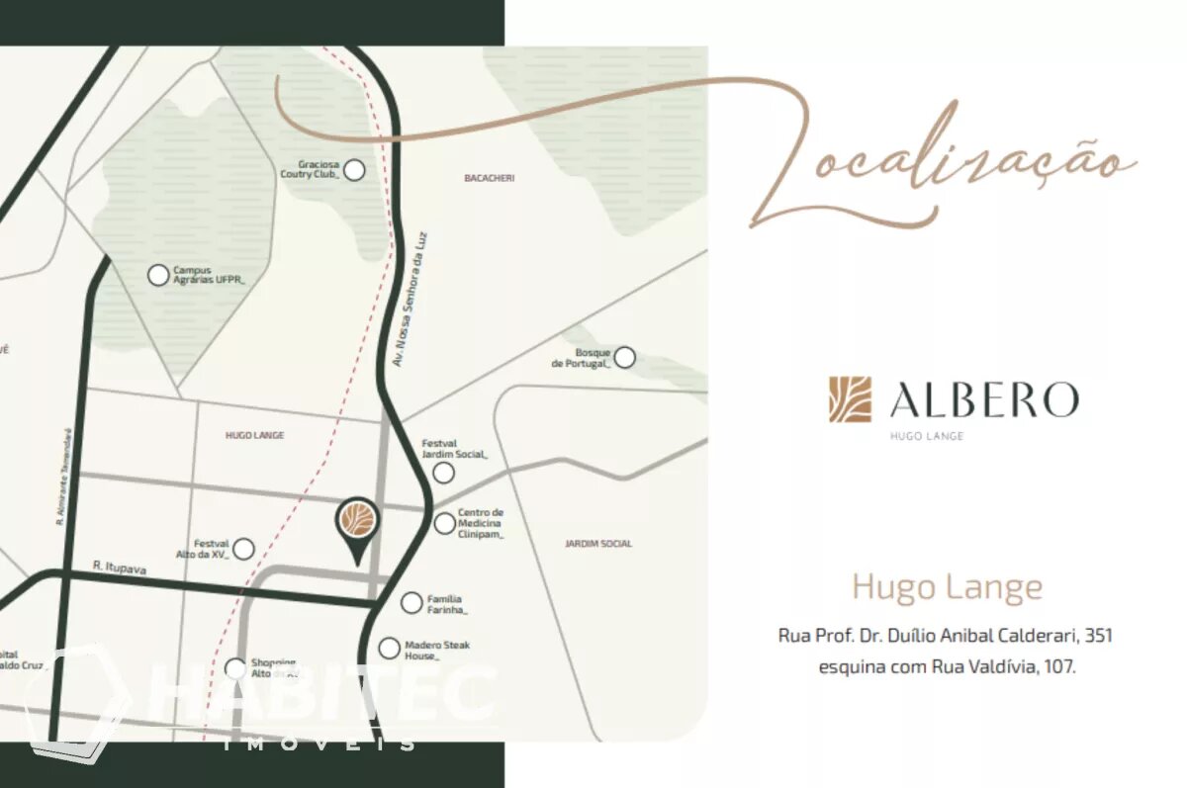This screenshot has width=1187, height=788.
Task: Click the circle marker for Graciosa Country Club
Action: click(x=354, y=170)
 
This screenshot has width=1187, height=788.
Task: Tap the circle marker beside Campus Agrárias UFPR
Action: click(x=158, y=275)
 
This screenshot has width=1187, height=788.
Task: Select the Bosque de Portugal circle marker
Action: click(x=625, y=357)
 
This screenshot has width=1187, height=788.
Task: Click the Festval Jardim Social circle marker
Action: click(x=444, y=473)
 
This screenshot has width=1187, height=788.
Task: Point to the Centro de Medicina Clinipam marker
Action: click(x=445, y=523)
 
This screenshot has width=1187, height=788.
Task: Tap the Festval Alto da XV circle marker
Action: click(x=243, y=549)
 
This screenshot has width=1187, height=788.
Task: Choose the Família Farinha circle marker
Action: click(x=411, y=602)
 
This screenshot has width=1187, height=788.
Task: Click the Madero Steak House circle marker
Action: click(x=390, y=649)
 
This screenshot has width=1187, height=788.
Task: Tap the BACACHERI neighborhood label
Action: click(x=490, y=178)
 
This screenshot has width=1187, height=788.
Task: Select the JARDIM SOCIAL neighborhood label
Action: click(x=598, y=544)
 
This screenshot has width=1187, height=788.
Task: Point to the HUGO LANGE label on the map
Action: click(x=254, y=435)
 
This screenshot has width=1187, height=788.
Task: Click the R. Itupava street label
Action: click(x=119, y=567)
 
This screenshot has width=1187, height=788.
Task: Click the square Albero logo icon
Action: click(x=851, y=399)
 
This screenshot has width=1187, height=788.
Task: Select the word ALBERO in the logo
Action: click(x=983, y=399)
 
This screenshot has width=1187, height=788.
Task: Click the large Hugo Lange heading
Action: click(x=947, y=587)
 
